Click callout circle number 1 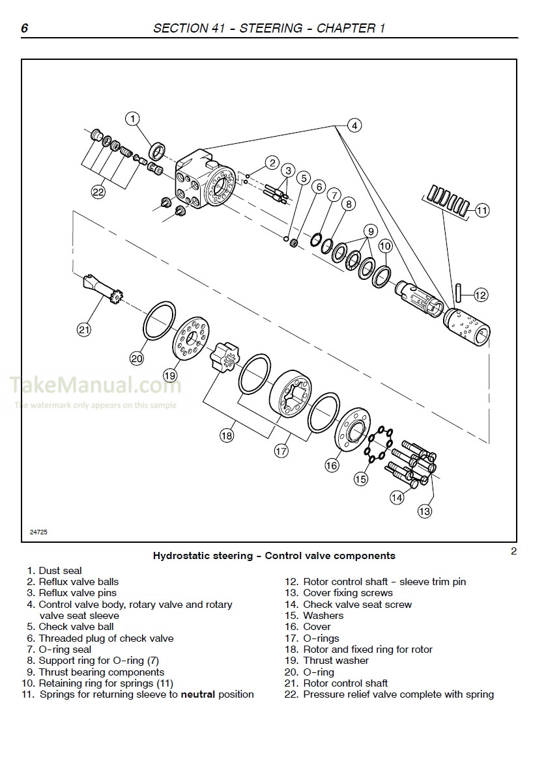tap(132, 118)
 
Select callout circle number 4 tap(354, 126)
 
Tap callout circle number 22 tap(98, 191)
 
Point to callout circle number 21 tap(83, 329)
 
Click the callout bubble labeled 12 tap(480, 295)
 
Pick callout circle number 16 tap(332, 465)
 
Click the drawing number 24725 tap(38, 532)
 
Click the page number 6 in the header tap(24, 28)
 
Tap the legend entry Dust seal tap(60, 571)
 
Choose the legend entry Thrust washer tap(336, 661)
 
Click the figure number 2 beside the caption tap(513, 552)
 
